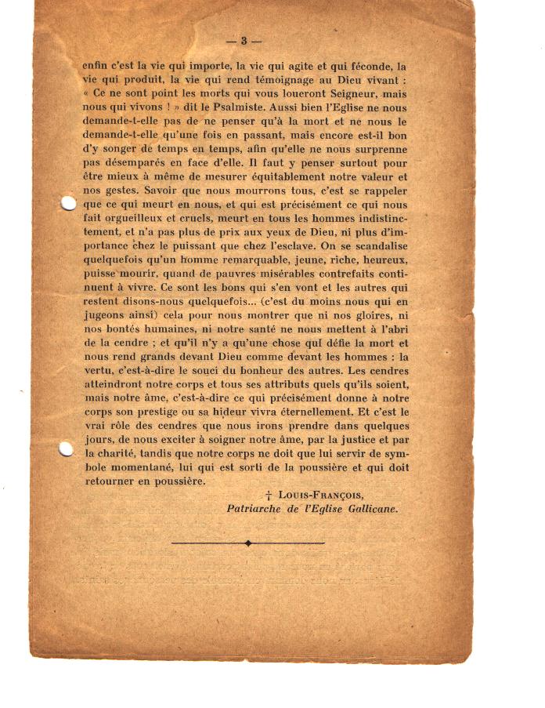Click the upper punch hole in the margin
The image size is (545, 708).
click(x=68, y=204)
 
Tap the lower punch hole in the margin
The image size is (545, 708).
click(x=67, y=449)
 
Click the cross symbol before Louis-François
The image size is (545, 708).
click(x=268, y=496)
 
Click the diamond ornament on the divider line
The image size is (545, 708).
click(x=248, y=543)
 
